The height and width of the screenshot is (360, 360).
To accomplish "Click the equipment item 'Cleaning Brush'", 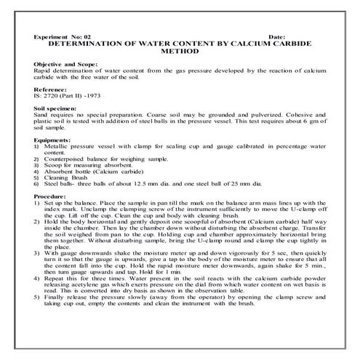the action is (68, 177).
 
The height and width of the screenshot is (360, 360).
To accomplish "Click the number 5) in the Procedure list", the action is (37, 317).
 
